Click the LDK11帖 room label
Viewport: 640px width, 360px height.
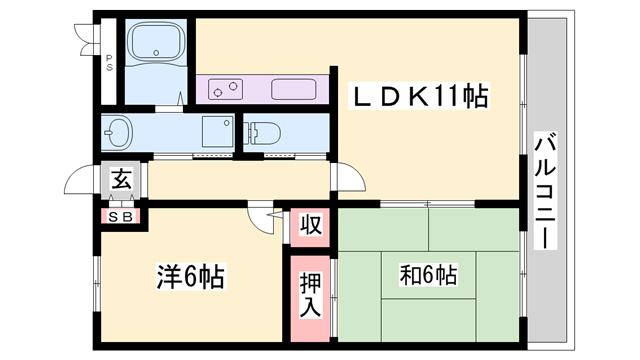pyautogui.click(x=418, y=98)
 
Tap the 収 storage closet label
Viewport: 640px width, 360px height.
pyautogui.click(x=312, y=224)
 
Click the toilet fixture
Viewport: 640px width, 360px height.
pyautogui.click(x=262, y=131)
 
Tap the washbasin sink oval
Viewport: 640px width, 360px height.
pyautogui.click(x=117, y=131)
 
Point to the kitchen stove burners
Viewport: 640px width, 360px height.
pyautogui.click(x=228, y=89)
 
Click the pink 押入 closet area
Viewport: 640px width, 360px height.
pyautogui.click(x=312, y=300)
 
